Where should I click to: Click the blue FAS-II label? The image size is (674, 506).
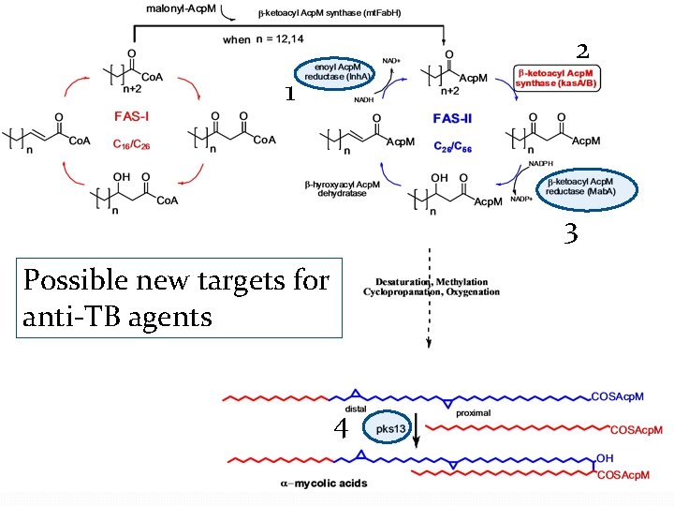pyautogui.click(x=458, y=119)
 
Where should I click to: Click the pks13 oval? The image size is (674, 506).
pyautogui.click(x=390, y=428)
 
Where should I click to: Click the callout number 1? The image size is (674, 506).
pyautogui.click(x=290, y=94)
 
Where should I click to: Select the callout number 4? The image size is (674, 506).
pyautogui.click(x=343, y=429)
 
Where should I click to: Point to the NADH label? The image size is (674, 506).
pyautogui.click(x=364, y=98)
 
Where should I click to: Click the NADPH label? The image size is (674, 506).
pyautogui.click(x=541, y=163)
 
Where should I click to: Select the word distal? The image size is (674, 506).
pyautogui.click(x=356, y=409)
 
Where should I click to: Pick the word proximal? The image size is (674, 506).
pyautogui.click(x=473, y=412)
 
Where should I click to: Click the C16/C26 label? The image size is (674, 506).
pyautogui.click(x=134, y=145)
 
